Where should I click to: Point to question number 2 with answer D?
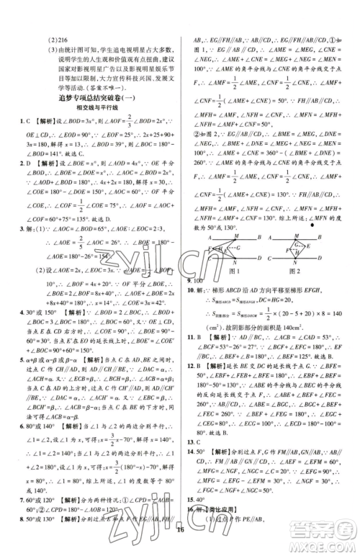pos(24,164)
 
